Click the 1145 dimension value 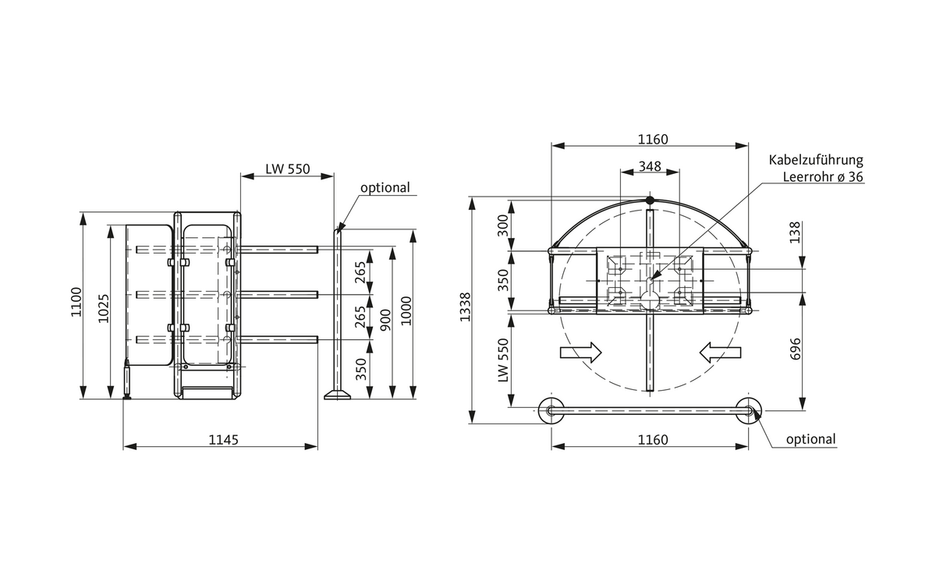(x=223, y=440)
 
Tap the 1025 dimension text (x=104, y=308)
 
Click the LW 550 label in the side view (x=288, y=168)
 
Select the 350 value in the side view (x=361, y=367)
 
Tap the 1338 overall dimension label (x=466, y=307)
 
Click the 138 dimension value (x=796, y=232)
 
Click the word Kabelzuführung (x=816, y=160)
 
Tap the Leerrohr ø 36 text (x=824, y=177)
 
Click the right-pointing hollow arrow (x=581, y=353)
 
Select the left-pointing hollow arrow (x=718, y=353)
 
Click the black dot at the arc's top (x=650, y=200)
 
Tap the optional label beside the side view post (x=385, y=188)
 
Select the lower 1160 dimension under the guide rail (x=652, y=440)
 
